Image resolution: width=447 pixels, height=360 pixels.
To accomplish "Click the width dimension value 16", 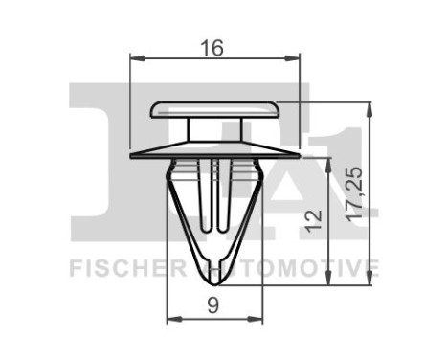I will tap(213, 45).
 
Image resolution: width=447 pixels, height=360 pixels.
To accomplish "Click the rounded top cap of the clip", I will tap(214, 107).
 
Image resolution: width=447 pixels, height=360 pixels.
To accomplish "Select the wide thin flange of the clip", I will tap(214, 150).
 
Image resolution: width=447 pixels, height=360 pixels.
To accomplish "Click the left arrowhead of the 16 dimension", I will tap(133, 59).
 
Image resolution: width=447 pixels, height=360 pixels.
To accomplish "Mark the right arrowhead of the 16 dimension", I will tap(296, 59).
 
